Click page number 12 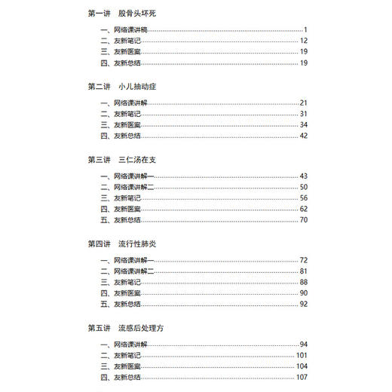coord(303,40)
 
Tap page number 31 coord(303,113)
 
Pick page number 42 coord(303,136)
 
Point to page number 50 coord(303,186)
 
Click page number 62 coord(303,209)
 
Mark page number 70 coord(303,220)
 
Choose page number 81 coord(303,271)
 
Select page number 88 coord(303,282)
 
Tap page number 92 coord(303,305)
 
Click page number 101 coord(302,355)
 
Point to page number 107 coord(302,378)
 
